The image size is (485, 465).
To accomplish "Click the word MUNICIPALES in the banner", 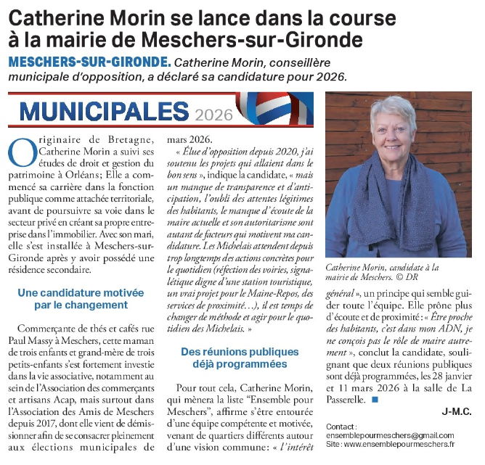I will [x=105, y=110].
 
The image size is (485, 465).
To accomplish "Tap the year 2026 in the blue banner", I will [x=214, y=114].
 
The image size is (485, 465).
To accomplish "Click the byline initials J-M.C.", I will [x=457, y=411].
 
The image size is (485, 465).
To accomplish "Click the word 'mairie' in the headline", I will [x=88, y=38].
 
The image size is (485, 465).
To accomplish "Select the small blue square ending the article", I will [x=375, y=400].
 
